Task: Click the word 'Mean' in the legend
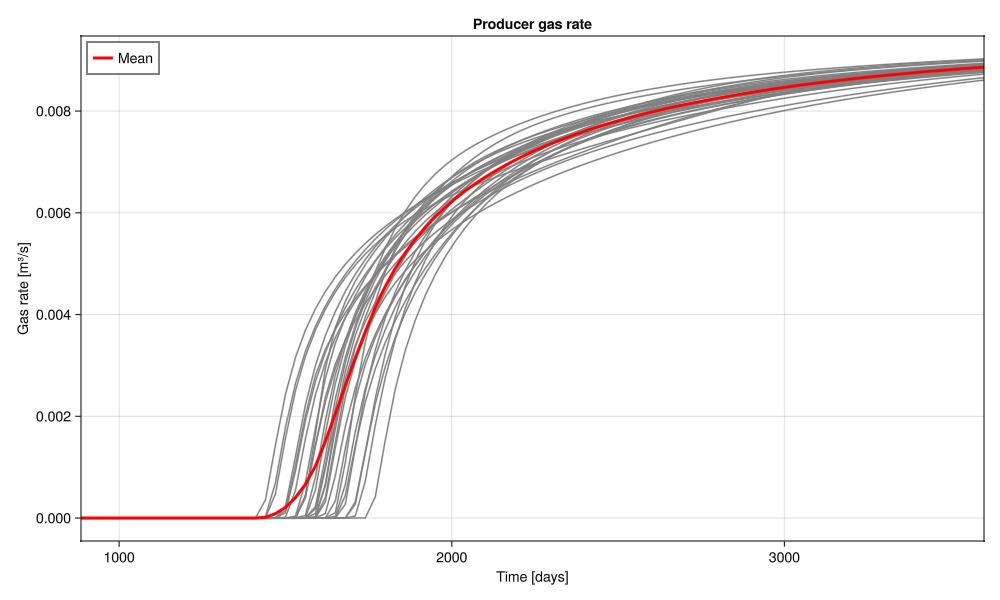coord(135,59)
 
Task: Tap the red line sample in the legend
coord(102,59)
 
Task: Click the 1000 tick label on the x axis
coord(119,556)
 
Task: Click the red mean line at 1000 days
coord(119,518)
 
